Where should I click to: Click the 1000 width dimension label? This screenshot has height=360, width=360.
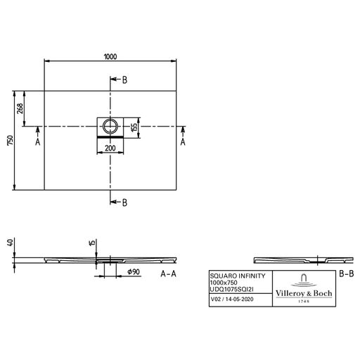110,57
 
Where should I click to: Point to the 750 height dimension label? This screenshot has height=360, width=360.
11,140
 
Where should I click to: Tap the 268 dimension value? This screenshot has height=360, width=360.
20,108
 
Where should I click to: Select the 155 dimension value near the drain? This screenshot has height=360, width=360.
134,127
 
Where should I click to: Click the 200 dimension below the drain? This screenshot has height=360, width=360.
110,148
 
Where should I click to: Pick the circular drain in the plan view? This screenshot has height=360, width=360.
110,126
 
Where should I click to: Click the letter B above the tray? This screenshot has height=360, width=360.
124,80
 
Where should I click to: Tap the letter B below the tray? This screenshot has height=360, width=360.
124,202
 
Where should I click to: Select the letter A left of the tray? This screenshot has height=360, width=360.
38,142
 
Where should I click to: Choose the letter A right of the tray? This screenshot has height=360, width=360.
183,142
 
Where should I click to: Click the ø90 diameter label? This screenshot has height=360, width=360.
134,272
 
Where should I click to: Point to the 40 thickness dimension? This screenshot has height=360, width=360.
10,243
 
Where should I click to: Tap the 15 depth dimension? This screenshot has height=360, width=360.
92,243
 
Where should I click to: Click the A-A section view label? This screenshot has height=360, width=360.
168,274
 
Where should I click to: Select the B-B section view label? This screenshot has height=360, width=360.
347,274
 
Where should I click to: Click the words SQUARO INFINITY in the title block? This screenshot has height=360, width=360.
238,276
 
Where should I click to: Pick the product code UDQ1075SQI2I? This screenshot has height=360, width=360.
231,290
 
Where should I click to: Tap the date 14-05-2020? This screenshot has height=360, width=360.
239,299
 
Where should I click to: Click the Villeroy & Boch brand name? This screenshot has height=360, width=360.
304,293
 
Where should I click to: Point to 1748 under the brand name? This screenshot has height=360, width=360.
304,302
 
